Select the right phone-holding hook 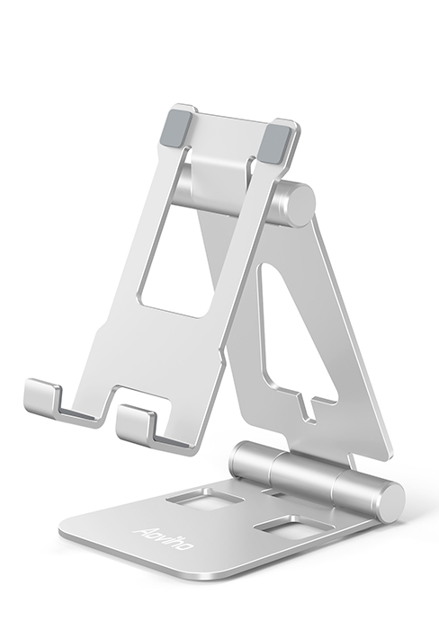tap(139, 423)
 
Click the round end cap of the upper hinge tap(297, 205)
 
